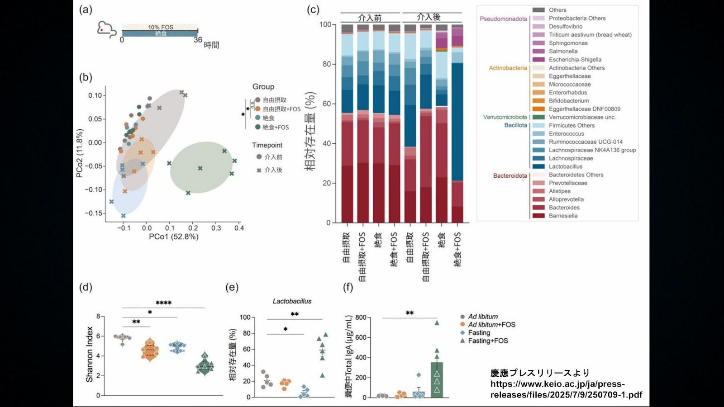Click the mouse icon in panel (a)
[x=106, y=29]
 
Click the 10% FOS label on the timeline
[x=161, y=27]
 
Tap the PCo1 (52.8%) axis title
[x=174, y=237]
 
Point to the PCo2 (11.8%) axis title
[x=80, y=153]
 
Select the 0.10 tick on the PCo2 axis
[x=95, y=95]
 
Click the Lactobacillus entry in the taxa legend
[x=565, y=166]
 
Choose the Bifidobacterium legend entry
[x=568, y=101]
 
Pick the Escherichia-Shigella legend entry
[x=575, y=60]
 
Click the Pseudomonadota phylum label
[x=503, y=19]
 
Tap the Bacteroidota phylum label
[x=510, y=175]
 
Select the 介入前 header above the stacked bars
[x=370, y=18]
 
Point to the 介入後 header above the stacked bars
[x=428, y=17]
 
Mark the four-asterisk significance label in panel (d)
[x=163, y=303]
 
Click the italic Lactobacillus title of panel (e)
[x=292, y=301]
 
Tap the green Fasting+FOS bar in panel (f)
[x=437, y=380]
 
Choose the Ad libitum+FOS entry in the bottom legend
[x=491, y=325]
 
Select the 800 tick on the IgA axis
[x=361, y=317]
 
